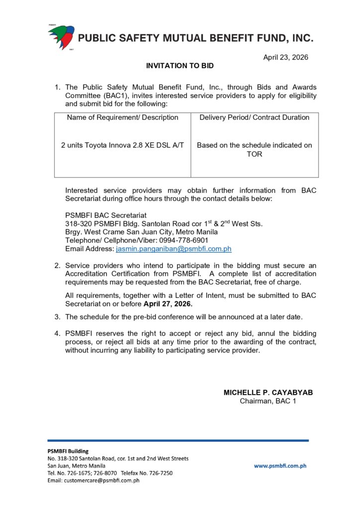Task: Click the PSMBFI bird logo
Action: point(61,37)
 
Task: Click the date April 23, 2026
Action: point(285,57)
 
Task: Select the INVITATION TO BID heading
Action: point(180,66)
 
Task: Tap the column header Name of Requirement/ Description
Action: point(122,117)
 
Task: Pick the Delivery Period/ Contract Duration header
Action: point(254,117)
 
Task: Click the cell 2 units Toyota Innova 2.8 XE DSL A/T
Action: point(122,145)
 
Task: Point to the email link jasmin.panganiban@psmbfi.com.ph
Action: point(174,249)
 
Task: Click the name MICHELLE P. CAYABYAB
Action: point(268,392)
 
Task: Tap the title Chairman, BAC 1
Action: point(268,401)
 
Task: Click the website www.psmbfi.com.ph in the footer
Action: point(280,466)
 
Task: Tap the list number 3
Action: point(57,317)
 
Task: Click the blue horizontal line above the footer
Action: point(178,440)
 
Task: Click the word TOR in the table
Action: point(254,154)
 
